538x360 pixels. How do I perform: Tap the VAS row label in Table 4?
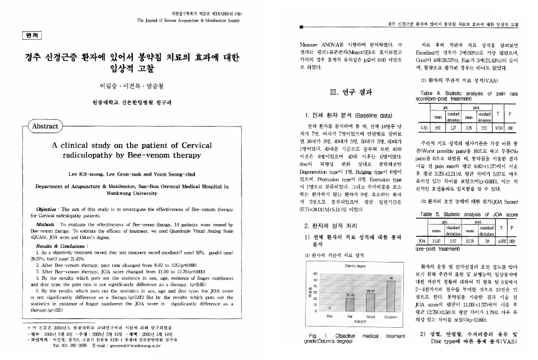click(x=424, y=127)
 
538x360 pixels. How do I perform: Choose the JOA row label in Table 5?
click(x=423, y=238)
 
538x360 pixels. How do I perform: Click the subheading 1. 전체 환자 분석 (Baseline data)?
click(x=347, y=115)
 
